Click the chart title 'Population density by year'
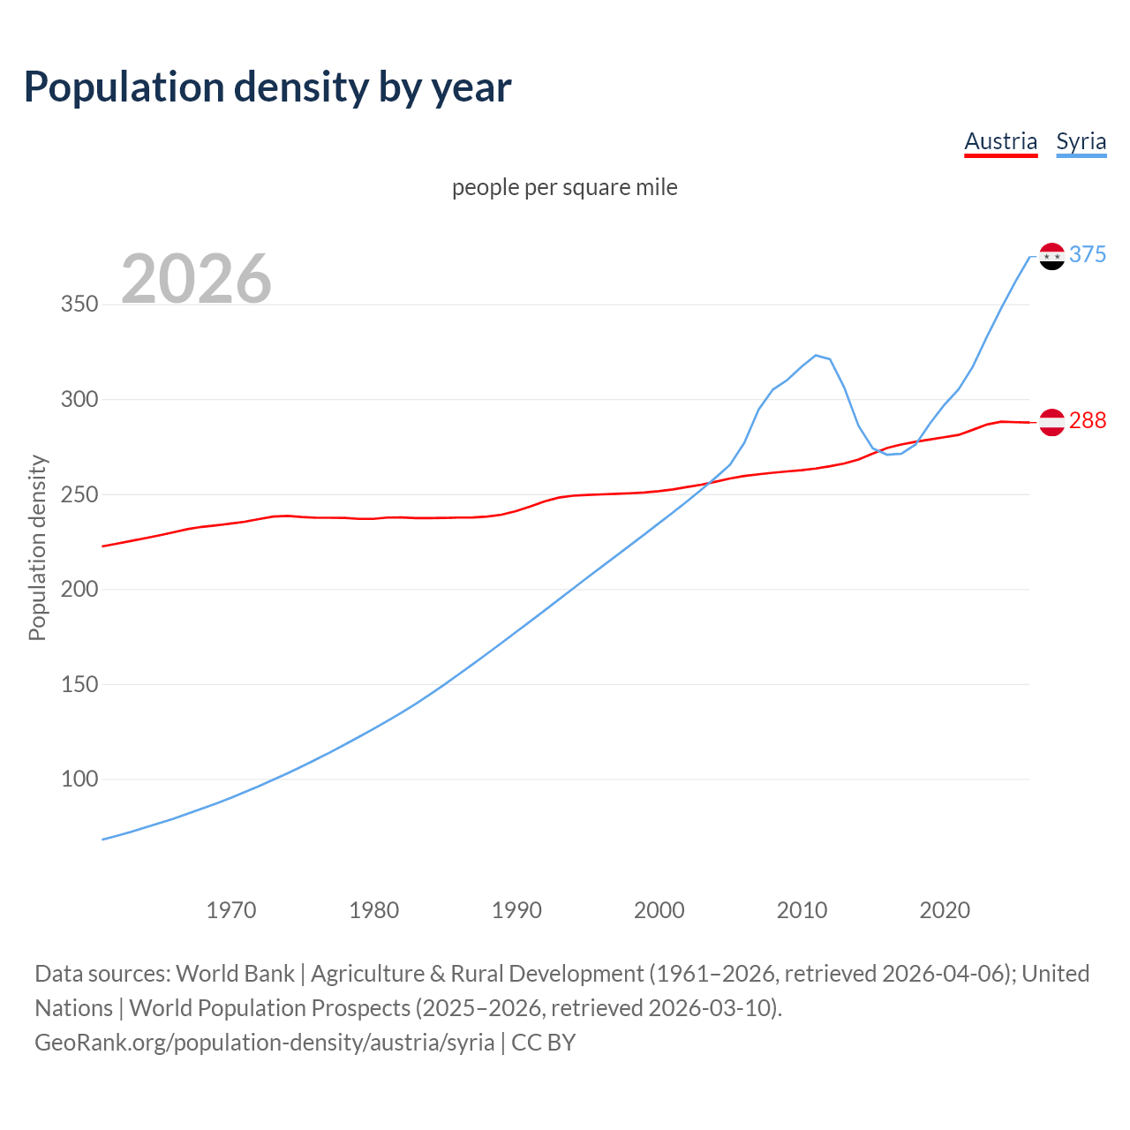(267, 87)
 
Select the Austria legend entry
(1000, 141)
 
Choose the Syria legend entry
(1081, 141)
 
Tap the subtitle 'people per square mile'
(564, 187)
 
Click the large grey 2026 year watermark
(196, 279)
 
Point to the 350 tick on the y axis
(79, 305)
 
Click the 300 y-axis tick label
(79, 399)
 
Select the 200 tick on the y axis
(79, 589)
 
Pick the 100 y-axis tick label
(79, 779)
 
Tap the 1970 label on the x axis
(231, 910)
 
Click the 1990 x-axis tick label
(516, 910)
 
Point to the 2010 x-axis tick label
(802, 910)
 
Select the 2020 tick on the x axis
(945, 910)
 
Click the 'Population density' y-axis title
(37, 547)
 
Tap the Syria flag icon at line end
(1051, 256)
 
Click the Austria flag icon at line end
(1051, 422)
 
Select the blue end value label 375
(1088, 254)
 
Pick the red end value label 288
(1088, 420)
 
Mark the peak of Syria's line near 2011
(816, 355)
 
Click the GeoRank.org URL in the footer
(265, 1042)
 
